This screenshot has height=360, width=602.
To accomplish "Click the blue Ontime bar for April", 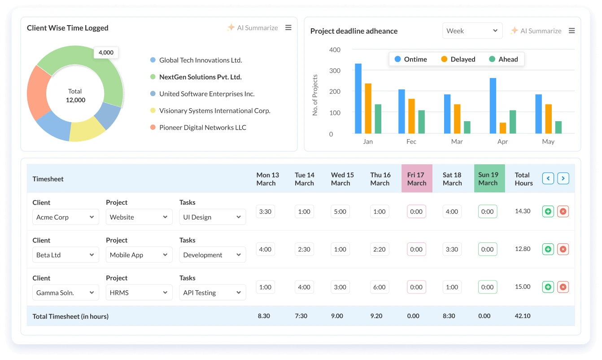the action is [x=493, y=105].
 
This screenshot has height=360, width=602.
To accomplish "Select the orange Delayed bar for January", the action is [x=368, y=108].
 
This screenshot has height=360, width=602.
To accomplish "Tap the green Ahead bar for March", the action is [x=467, y=127].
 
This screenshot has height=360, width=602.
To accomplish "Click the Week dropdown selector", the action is [x=472, y=31].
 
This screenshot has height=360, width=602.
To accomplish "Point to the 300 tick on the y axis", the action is [x=335, y=71].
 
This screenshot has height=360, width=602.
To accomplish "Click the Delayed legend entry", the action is [x=458, y=59].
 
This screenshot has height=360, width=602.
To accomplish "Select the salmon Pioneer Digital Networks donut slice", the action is [x=39, y=93].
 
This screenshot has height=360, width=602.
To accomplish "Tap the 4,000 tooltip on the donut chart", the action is [x=106, y=53].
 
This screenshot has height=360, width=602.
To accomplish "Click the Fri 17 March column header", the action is [x=417, y=179].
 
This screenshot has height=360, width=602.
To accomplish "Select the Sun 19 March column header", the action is [x=489, y=179].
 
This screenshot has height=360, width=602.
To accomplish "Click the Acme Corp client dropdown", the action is [x=65, y=217].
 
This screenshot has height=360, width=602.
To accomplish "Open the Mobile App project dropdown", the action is [x=139, y=255].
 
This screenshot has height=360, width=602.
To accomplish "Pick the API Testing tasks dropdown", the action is [x=212, y=293].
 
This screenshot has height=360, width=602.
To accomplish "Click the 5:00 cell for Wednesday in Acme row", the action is [x=340, y=211].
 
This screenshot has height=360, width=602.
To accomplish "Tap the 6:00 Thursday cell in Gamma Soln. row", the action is [x=379, y=287].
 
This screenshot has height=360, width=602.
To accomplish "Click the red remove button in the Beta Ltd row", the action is [x=563, y=249].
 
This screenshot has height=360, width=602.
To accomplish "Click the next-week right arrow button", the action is [x=563, y=178].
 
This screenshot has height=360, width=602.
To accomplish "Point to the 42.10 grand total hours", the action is [x=523, y=316].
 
